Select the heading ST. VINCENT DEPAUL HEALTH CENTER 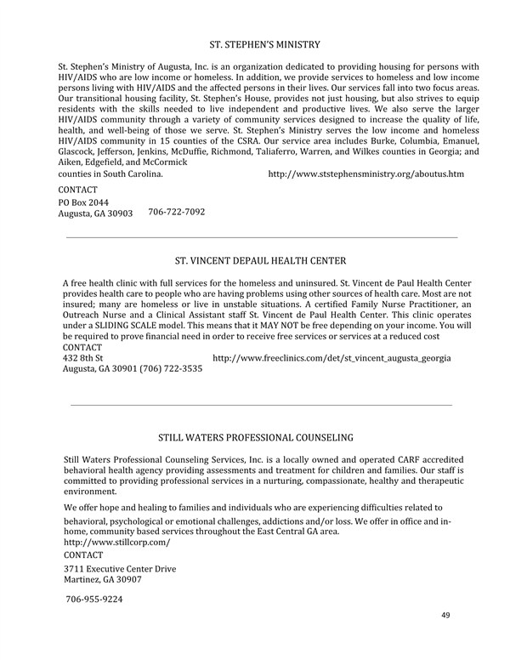coord(260,260)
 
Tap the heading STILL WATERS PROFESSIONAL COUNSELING coord(255,438)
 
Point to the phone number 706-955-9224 coord(94,599)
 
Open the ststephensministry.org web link coord(365,174)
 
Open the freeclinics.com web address coord(331,358)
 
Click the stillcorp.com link coord(117,542)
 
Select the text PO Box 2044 coord(83,202)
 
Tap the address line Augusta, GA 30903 coord(95,214)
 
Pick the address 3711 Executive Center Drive coord(120,568)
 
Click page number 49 coord(446,614)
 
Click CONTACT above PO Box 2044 coord(77,189)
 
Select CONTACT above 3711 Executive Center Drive coord(83,555)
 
